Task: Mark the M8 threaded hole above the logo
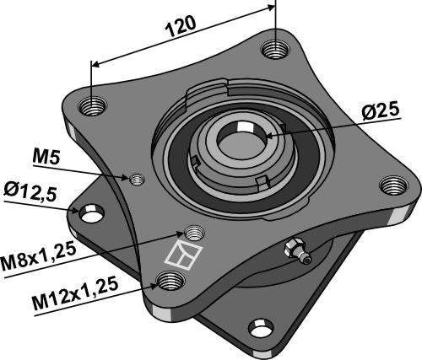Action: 193,233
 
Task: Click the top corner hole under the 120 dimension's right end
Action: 272,49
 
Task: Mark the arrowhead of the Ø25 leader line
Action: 268,132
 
